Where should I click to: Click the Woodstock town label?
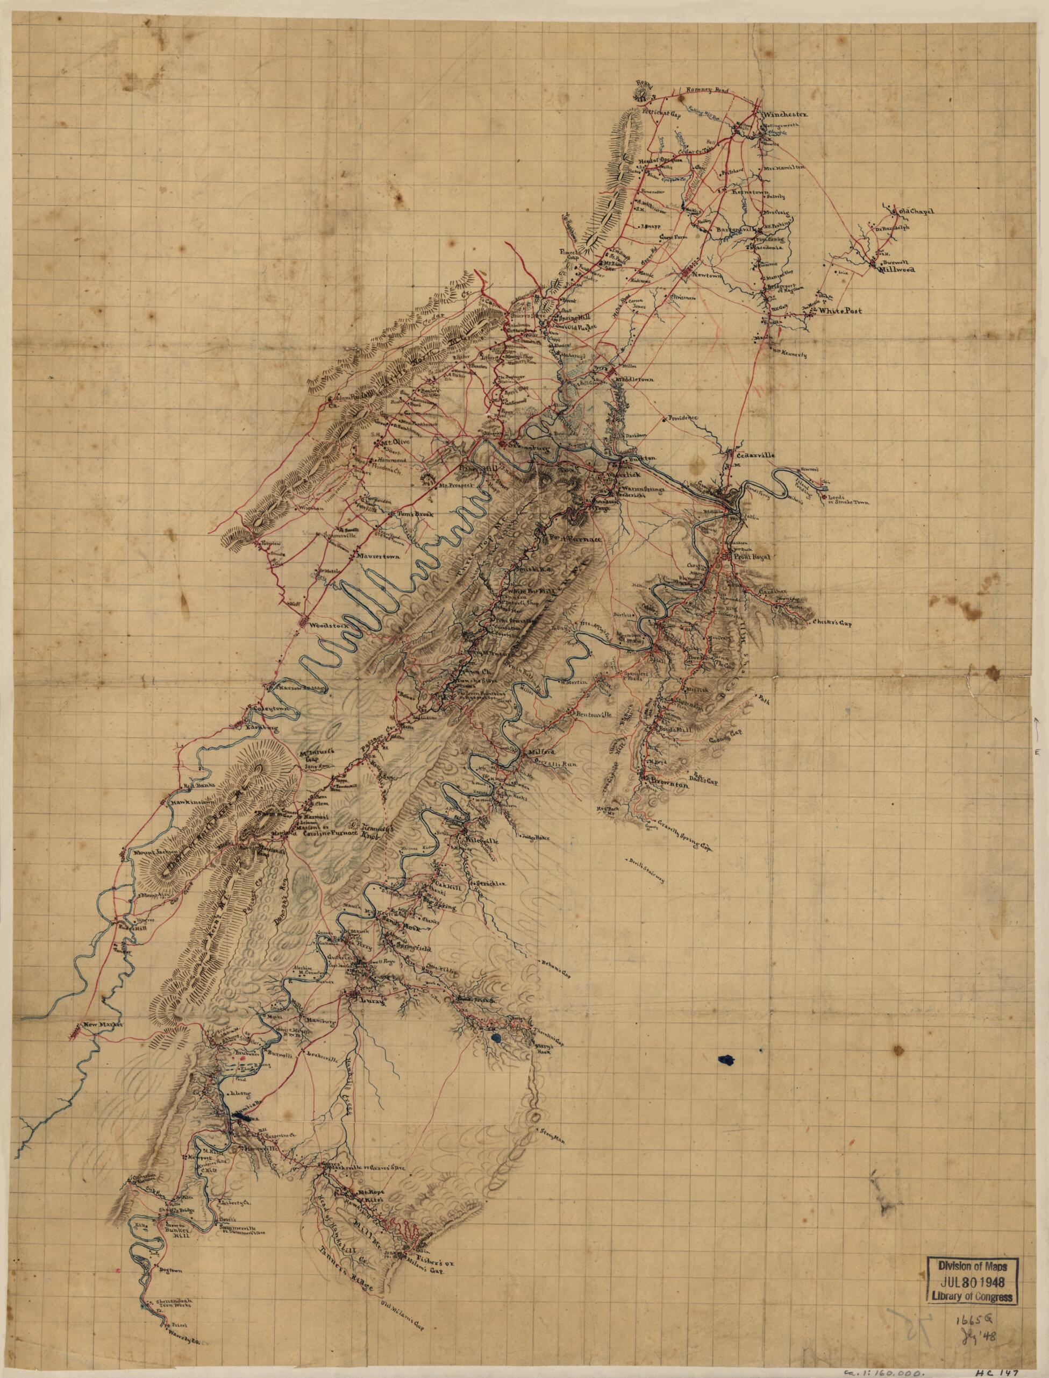[x=318, y=624]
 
